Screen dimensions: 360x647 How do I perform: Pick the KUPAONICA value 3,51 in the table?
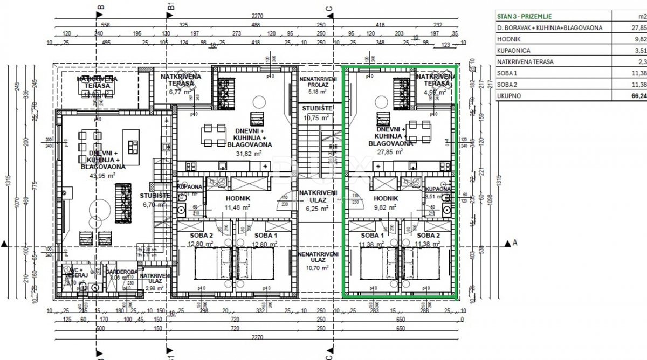(639, 51)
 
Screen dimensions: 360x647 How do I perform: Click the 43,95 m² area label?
(104, 175)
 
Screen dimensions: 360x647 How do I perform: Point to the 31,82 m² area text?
(249, 153)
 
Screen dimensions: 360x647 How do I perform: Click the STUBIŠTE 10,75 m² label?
(318, 113)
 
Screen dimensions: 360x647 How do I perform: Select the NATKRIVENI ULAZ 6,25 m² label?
(318, 200)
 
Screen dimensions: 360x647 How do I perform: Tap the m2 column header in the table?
(641, 17)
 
